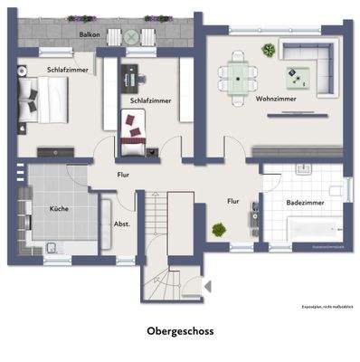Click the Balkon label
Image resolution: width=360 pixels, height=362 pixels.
(90, 35)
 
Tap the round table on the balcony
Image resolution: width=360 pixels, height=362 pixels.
(132, 37)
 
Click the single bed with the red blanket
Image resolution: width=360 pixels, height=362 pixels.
(134, 131)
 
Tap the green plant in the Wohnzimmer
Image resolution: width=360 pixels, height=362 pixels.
(269, 50)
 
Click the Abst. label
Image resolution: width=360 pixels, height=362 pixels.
(119, 224)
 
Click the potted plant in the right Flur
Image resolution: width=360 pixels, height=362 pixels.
(219, 230)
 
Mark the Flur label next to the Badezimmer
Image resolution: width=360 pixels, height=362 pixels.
(233, 202)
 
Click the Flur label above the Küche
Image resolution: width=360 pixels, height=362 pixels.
(124, 174)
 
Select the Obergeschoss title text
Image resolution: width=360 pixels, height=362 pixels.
(180, 331)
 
